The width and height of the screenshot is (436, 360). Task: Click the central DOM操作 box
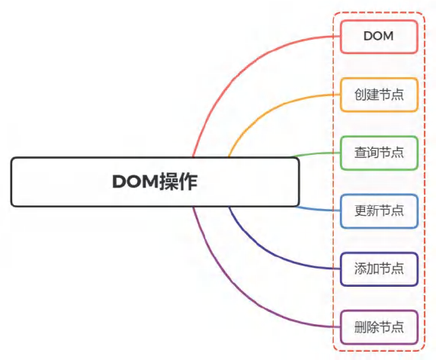click(x=155, y=182)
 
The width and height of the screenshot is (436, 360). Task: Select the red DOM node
click(x=379, y=37)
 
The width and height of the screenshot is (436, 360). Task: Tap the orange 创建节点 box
click(x=379, y=95)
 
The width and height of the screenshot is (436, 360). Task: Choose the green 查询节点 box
click(x=379, y=153)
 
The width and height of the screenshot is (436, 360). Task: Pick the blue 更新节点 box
click(x=379, y=211)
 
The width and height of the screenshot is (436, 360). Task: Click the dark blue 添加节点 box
click(x=379, y=268)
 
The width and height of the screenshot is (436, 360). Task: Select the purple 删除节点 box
click(x=379, y=327)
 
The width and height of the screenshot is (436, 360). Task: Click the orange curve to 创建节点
click(x=267, y=112)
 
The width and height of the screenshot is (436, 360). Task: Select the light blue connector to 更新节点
click(x=317, y=210)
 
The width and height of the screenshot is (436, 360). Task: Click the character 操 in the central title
click(x=169, y=182)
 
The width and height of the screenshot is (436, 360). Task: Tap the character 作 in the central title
click(x=188, y=182)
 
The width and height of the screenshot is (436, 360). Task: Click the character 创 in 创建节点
click(x=361, y=95)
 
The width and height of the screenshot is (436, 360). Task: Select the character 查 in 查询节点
click(x=361, y=153)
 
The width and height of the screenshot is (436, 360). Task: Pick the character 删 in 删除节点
click(x=361, y=327)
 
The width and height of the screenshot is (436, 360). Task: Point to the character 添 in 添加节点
click(x=361, y=268)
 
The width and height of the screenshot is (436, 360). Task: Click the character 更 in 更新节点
click(x=361, y=211)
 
